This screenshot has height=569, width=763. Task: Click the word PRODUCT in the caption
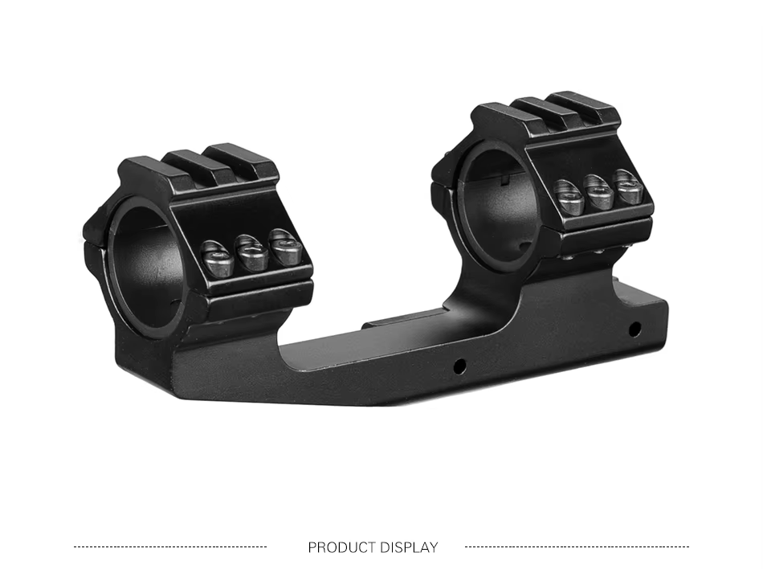(341, 547)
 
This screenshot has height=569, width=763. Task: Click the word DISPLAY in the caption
(410, 547)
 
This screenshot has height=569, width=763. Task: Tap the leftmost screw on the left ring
(218, 259)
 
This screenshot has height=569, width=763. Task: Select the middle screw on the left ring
(251, 253)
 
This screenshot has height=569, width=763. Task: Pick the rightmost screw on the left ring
(288, 248)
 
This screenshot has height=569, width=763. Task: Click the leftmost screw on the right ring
(569, 198)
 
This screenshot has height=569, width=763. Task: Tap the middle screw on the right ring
(598, 192)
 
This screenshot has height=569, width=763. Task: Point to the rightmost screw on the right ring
(628, 186)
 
